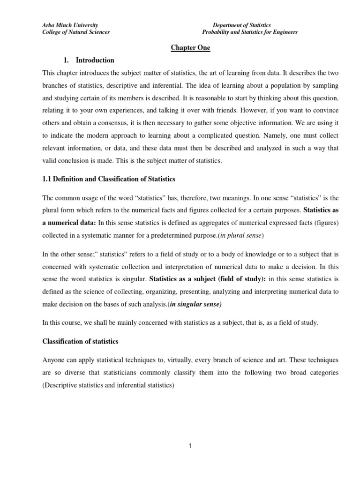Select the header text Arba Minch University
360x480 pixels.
click(x=64, y=25)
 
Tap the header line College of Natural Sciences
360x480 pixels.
click(x=69, y=32)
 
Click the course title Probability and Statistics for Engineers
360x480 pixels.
click(x=249, y=32)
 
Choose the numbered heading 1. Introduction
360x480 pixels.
click(x=89, y=60)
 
